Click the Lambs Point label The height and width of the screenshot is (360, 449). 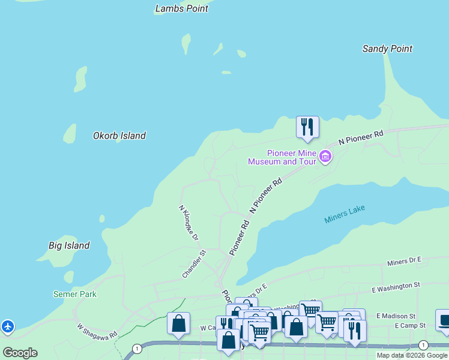pos(181,8)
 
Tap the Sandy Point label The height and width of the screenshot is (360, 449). pos(387,49)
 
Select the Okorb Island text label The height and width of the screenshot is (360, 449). pos(119,136)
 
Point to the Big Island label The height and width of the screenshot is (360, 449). pos(69,245)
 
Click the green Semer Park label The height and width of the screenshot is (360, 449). pos(74,294)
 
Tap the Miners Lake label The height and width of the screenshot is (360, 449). pos(345,214)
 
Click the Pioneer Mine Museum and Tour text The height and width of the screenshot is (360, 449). pos(282,157)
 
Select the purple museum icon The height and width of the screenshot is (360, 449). pos(325,157)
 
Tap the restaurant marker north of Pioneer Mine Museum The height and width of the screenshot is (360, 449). pos(307,127)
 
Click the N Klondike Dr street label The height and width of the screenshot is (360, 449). pos(188,223)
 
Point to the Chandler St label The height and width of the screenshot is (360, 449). pos(194,264)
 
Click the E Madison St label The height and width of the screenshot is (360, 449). pos(396,316)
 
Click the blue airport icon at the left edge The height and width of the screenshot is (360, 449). pos(7,327)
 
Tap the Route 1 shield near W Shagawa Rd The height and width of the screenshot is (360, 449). pos(137,348)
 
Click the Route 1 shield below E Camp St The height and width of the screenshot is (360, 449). pos(423,345)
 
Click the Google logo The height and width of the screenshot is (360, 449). pos(20,353)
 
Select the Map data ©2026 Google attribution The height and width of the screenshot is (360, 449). pos(412,355)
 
